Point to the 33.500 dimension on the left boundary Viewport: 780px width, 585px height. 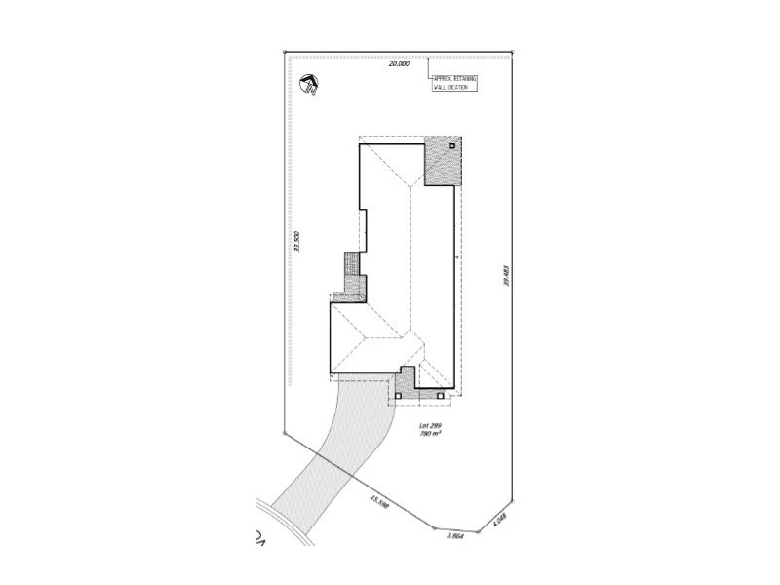pyautogui.click(x=292, y=241)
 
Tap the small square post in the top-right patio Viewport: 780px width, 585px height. pyautogui.click(x=451, y=146)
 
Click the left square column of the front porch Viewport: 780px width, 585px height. pyautogui.click(x=398, y=396)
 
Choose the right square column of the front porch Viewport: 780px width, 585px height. pyautogui.click(x=440, y=396)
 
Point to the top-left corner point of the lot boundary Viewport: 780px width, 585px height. pyautogui.click(x=283, y=54)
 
